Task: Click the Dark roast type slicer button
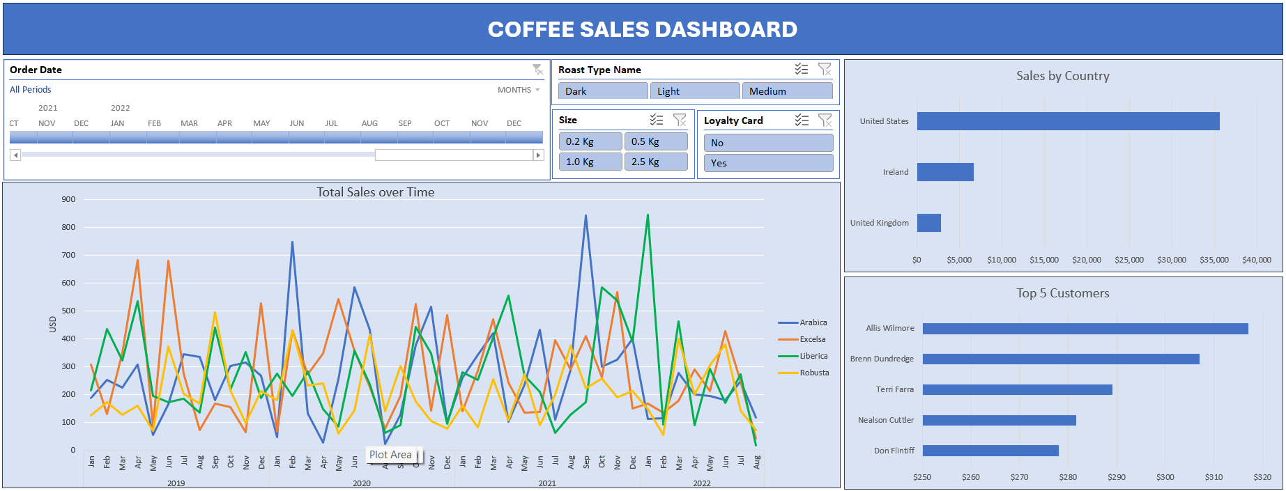pyautogui.click(x=602, y=91)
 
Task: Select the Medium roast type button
pyautogui.click(x=787, y=91)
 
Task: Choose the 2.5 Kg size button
pyautogui.click(x=655, y=162)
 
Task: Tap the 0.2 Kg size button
pyautogui.click(x=590, y=141)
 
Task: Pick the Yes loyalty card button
pyautogui.click(x=768, y=163)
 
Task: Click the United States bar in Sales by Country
pyautogui.click(x=1068, y=121)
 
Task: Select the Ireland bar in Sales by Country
pyautogui.click(x=945, y=172)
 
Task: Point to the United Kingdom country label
pyautogui.click(x=879, y=223)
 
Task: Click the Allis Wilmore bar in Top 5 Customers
pyautogui.click(x=1085, y=328)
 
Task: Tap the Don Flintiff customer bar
pyautogui.click(x=990, y=451)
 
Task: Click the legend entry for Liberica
pyautogui.click(x=813, y=356)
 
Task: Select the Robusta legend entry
pyautogui.click(x=813, y=373)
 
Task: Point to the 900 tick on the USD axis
pyautogui.click(x=68, y=199)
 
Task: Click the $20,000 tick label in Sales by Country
pyautogui.click(x=1087, y=260)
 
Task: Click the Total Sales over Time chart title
pyautogui.click(x=375, y=192)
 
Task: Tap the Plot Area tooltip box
pyautogui.click(x=391, y=455)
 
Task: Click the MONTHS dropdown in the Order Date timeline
pyautogui.click(x=519, y=90)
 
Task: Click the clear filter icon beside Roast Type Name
pyautogui.click(x=825, y=69)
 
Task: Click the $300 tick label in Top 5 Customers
pyautogui.click(x=1165, y=477)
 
